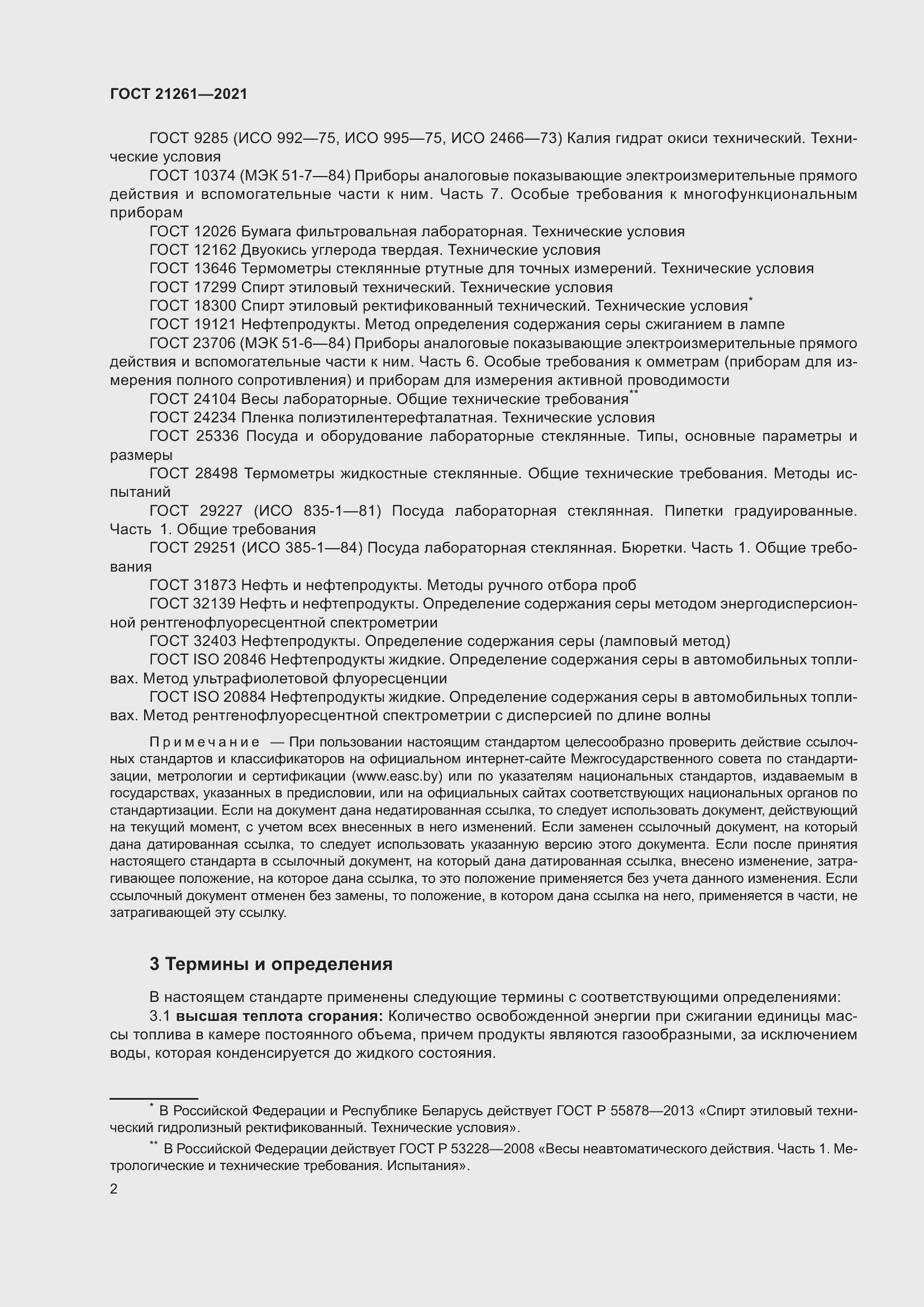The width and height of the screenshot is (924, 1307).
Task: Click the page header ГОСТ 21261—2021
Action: tap(179, 94)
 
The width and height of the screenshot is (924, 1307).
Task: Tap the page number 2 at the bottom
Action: tap(114, 1189)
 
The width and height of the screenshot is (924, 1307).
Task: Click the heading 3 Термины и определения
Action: tap(271, 964)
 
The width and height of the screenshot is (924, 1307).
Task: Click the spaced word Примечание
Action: tap(204, 742)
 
